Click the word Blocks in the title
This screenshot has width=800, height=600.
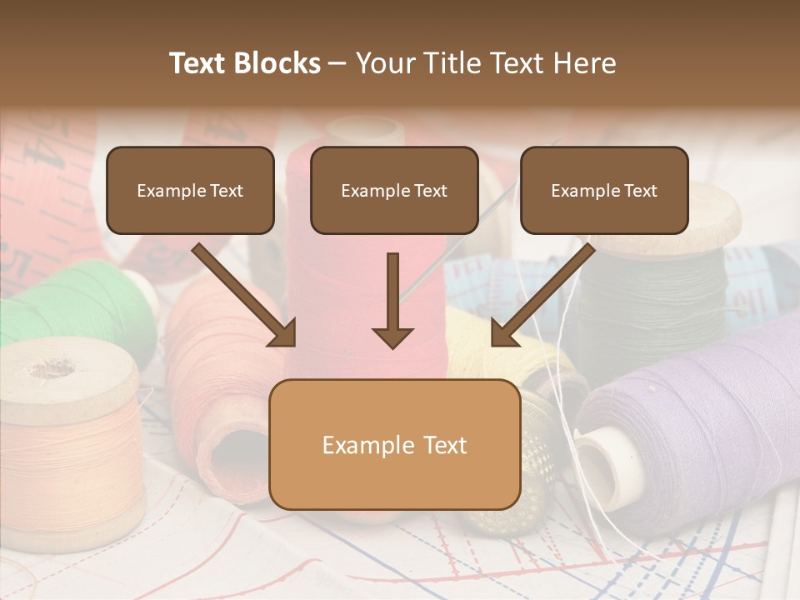click(278, 63)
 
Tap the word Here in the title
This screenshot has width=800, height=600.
click(586, 63)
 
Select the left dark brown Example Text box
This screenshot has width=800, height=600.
click(190, 191)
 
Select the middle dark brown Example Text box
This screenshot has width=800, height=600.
click(394, 191)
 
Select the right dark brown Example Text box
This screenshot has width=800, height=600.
click(604, 191)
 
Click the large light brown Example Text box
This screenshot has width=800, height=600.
click(394, 444)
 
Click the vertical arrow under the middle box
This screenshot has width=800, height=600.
click(392, 300)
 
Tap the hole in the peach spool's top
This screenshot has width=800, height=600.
click(52, 367)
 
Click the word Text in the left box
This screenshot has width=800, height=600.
click(226, 191)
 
